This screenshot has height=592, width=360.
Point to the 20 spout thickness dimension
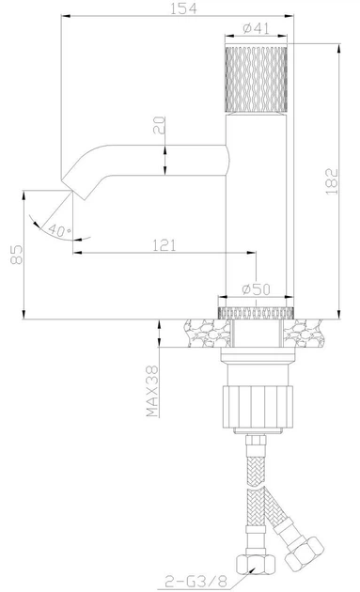[161, 124]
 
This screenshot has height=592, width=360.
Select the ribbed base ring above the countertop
[258, 312]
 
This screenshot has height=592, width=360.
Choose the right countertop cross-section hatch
[307, 330]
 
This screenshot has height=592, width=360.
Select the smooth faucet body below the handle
[258, 216]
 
